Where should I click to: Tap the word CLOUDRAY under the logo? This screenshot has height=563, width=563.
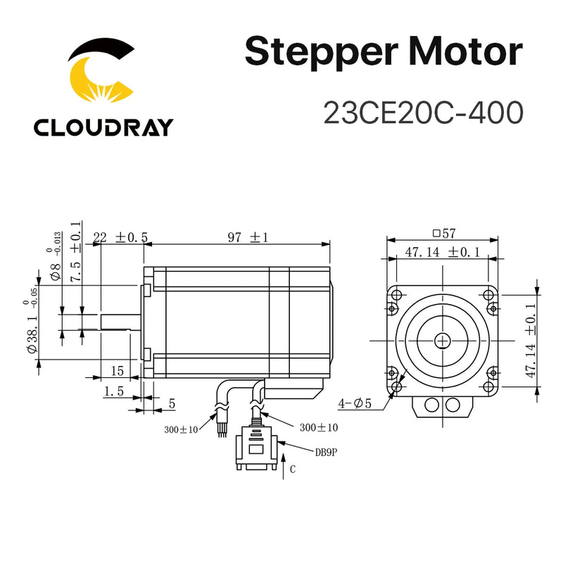(102, 128)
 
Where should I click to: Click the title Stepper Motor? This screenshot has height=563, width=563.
(384, 53)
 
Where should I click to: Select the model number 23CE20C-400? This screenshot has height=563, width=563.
(423, 112)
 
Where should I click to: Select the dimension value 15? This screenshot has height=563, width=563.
(117, 370)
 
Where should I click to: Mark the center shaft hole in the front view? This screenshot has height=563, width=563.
(442, 340)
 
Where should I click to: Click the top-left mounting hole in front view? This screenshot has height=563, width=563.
(396, 293)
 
